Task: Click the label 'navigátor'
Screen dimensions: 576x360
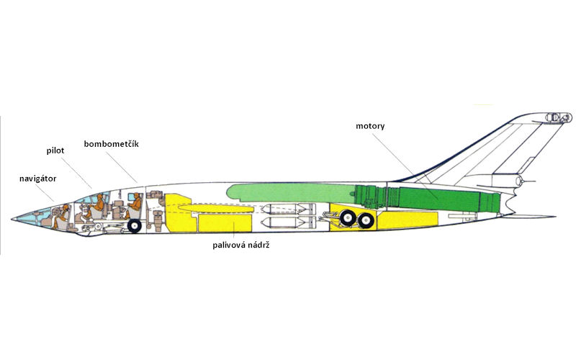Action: click(x=38, y=179)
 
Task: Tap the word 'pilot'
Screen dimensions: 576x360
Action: click(x=55, y=150)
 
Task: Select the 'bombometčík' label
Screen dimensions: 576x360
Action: click(x=112, y=144)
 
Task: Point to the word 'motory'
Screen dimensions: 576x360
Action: click(x=370, y=127)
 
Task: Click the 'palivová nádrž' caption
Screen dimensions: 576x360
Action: click(x=241, y=245)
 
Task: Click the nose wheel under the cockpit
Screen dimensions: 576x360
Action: click(x=135, y=226)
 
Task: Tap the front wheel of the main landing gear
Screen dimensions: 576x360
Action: click(x=348, y=217)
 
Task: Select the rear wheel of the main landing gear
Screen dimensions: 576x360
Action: click(x=366, y=220)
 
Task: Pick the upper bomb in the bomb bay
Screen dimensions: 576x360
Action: click(x=287, y=209)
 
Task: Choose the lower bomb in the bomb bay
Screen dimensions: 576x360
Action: click(x=287, y=222)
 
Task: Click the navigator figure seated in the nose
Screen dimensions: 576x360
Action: click(x=61, y=217)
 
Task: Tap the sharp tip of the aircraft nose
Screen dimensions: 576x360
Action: click(x=12, y=219)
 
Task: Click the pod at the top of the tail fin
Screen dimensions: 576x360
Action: click(x=559, y=117)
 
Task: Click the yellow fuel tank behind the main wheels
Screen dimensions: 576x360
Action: click(x=408, y=220)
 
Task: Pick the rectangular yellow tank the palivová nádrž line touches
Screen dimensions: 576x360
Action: click(x=225, y=223)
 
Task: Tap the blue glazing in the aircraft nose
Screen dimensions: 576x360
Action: click(x=36, y=217)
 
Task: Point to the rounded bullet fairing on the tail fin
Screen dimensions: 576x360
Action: click(x=518, y=181)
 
